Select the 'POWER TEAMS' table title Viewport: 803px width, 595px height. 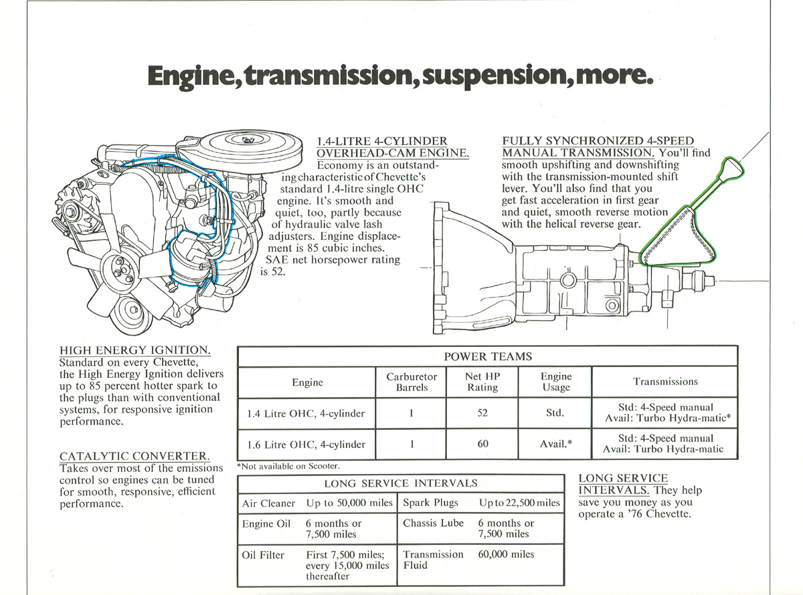coord(488,357)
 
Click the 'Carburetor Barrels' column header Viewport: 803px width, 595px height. coord(412,382)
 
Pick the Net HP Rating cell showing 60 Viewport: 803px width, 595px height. coord(482,444)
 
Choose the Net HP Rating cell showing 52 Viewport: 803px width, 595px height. coord(482,413)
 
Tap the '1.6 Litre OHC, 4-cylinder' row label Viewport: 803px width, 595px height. coord(306,444)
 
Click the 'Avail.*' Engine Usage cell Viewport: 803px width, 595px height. coord(555,444)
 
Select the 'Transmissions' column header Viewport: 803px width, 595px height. coord(665,382)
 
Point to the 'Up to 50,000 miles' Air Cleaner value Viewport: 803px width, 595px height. coord(349,503)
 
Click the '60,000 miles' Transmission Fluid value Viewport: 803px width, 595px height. coord(507,554)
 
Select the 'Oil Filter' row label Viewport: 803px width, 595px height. coord(263,555)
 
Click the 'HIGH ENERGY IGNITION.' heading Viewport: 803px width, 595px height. coord(135,350)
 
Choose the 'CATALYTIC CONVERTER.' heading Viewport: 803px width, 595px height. coord(135,457)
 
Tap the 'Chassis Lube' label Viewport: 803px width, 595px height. coord(433,523)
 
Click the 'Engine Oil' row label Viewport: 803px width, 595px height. coord(266,524)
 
